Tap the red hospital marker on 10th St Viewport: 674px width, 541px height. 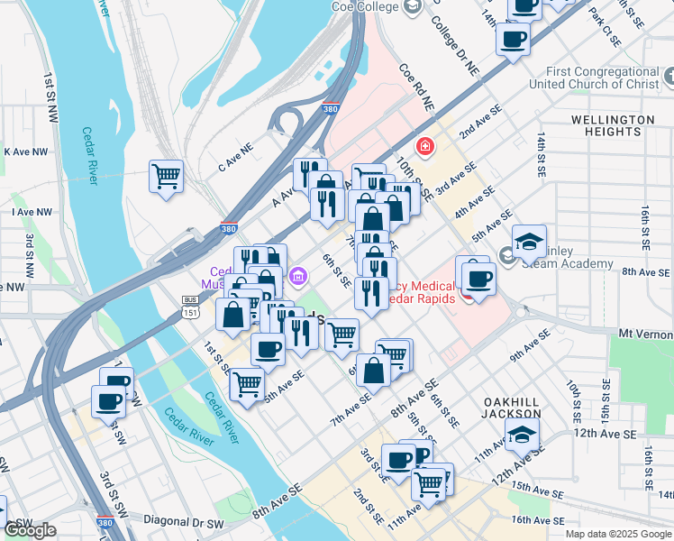pos(424,145)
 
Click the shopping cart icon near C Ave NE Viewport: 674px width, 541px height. pos(166,176)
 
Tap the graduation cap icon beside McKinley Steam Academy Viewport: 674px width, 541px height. pos(529,242)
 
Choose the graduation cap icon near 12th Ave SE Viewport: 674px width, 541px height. pos(522,435)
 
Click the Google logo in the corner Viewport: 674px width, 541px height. pos(30,531)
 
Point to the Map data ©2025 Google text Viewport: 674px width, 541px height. pos(618,534)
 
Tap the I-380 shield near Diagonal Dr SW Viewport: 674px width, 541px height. pos(105,522)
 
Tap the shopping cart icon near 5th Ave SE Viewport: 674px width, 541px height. pos(247,383)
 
